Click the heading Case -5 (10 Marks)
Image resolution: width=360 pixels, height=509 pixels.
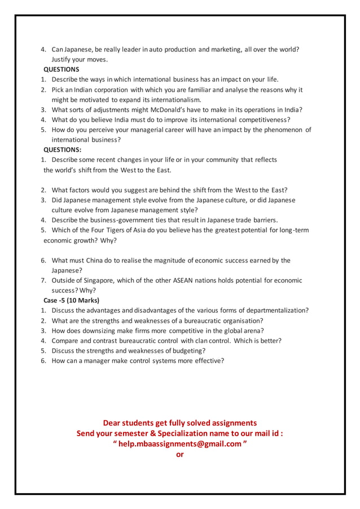[x=71, y=300]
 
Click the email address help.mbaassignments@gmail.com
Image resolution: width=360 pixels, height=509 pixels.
[x=180, y=444]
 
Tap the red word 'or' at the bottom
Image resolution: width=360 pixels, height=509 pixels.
[x=180, y=454]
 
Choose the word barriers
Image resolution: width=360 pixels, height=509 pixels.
[x=260, y=220]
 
